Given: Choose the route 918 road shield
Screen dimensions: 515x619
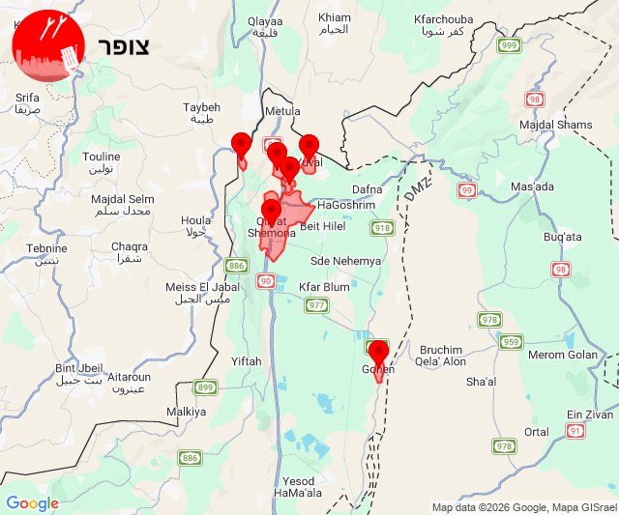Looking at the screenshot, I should click(383, 228).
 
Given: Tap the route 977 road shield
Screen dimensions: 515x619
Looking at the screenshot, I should click(316, 305).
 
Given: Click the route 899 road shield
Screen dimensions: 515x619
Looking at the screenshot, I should click(204, 387).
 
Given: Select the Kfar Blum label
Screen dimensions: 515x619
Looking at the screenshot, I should click(324, 288).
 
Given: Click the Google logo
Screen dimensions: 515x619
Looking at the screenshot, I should click(32, 502).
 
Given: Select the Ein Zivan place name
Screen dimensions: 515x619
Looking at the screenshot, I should click(590, 414).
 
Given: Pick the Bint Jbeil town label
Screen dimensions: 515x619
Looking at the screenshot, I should click(77, 367).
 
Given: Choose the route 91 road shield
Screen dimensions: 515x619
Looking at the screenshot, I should click(575, 431).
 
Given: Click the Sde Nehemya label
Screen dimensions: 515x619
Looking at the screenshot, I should click(345, 261).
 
